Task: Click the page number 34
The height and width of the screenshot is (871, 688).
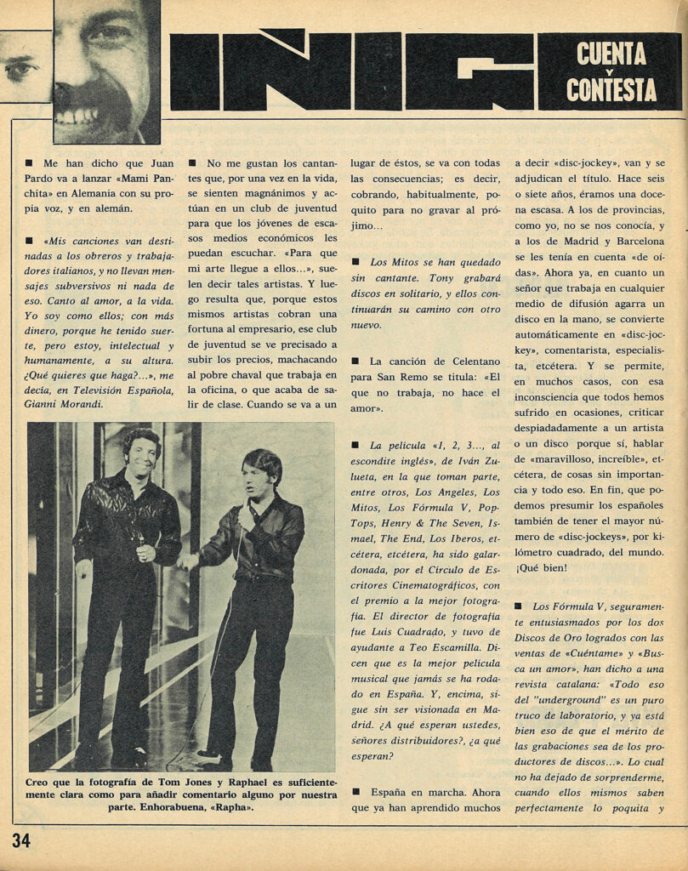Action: click(x=21, y=841)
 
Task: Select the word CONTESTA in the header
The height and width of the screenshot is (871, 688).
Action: click(x=611, y=88)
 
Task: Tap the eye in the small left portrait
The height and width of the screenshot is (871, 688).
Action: click(x=20, y=67)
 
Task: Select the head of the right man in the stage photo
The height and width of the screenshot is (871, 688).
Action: click(x=260, y=474)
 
